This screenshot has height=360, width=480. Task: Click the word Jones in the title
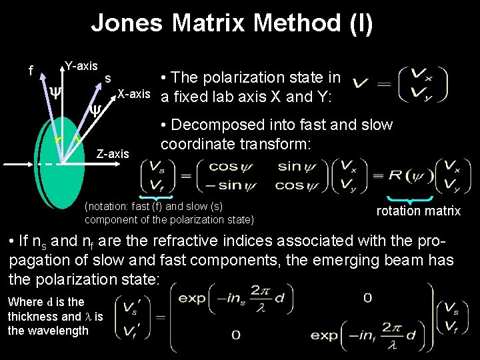(x=126, y=23)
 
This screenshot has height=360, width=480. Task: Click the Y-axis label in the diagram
(x=81, y=66)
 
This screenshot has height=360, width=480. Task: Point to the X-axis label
(x=133, y=93)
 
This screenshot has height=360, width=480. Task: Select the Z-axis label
(x=113, y=154)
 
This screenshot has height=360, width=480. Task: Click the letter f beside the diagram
(x=31, y=70)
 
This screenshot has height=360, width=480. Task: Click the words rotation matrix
(x=418, y=211)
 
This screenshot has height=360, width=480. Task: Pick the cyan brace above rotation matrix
(x=411, y=199)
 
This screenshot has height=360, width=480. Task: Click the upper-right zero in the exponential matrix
(x=367, y=298)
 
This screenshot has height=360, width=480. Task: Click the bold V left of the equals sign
(x=360, y=84)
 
